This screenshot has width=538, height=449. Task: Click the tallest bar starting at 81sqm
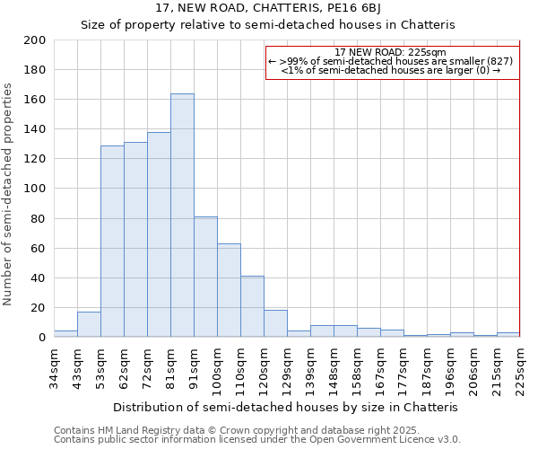(182, 216)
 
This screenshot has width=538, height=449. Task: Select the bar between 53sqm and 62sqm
(112, 242)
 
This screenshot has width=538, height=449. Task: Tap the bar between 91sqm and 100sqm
(205, 277)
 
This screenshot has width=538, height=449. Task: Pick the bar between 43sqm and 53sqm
(89, 324)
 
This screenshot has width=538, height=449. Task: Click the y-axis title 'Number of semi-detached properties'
(9, 194)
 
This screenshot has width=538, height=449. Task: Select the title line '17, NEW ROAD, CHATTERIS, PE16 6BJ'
(268, 8)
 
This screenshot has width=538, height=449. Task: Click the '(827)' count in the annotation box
(500, 61)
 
